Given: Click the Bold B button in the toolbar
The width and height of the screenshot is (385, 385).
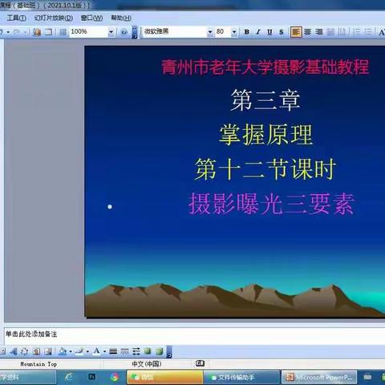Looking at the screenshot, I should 246,32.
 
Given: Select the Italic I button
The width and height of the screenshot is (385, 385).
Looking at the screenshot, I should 257,32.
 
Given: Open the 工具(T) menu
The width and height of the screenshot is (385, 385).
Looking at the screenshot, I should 17,18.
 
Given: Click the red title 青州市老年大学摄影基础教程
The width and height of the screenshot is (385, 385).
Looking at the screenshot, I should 265,67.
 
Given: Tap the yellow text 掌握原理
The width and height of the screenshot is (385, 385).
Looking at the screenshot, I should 265,134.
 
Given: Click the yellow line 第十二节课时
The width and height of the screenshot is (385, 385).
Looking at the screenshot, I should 264,168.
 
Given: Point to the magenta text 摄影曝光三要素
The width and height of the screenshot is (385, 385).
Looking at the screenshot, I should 270,204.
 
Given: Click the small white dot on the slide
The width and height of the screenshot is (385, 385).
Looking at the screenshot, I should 110,207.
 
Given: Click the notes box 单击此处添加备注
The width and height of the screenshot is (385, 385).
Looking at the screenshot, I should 32,334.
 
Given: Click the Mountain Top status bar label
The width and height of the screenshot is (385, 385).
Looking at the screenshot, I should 39,363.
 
